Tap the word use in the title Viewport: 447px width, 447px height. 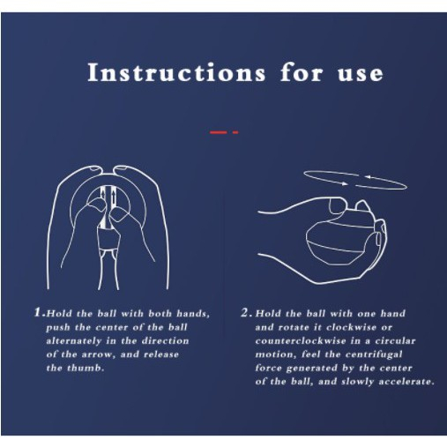tap(361, 73)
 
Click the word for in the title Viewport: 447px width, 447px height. tap(302, 72)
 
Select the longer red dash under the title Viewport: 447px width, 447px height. tap(219, 132)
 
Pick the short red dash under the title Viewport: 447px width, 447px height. tap(235, 132)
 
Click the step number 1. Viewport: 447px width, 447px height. tap(39, 312)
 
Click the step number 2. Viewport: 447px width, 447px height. tap(246, 312)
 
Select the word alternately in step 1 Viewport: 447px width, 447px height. tap(74, 341)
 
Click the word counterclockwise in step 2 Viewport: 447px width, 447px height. tap(301, 341)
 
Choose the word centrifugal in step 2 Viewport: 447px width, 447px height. tap(374, 354)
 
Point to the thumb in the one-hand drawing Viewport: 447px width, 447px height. tap(337, 205)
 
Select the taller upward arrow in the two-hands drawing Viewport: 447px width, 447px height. tap(113, 197)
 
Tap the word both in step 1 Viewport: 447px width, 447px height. tap(160, 313)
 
